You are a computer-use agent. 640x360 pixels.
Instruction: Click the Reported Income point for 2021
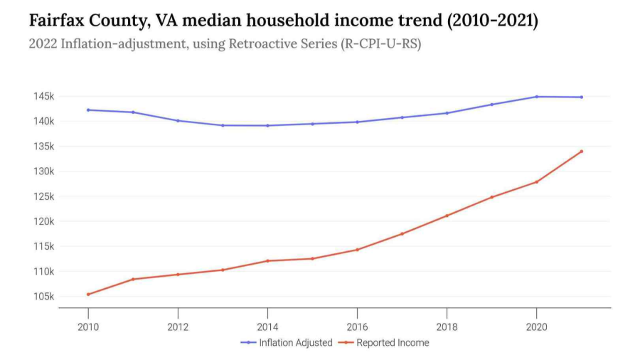[x=581, y=151]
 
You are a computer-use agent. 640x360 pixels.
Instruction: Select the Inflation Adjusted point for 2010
[x=88, y=110]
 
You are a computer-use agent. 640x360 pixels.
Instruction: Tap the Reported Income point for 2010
[x=88, y=294]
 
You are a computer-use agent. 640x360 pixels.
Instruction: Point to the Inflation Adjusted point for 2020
[x=536, y=97]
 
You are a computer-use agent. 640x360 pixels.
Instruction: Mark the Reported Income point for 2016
[x=357, y=250]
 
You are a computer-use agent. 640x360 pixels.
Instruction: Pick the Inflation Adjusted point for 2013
[x=223, y=125]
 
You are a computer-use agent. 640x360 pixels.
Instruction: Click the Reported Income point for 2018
[x=447, y=216]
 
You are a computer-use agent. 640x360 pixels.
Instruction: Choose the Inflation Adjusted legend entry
[x=287, y=342]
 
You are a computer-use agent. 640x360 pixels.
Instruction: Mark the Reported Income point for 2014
[x=267, y=260]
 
